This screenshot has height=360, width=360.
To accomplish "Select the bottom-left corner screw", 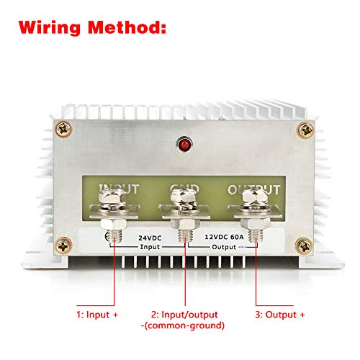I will coord(65,247).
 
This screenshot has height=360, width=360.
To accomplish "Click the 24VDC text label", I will coord(148,235).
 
